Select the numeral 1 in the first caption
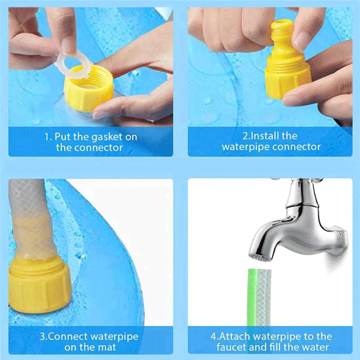pos(46,136)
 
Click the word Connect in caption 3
pos(72,336)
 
